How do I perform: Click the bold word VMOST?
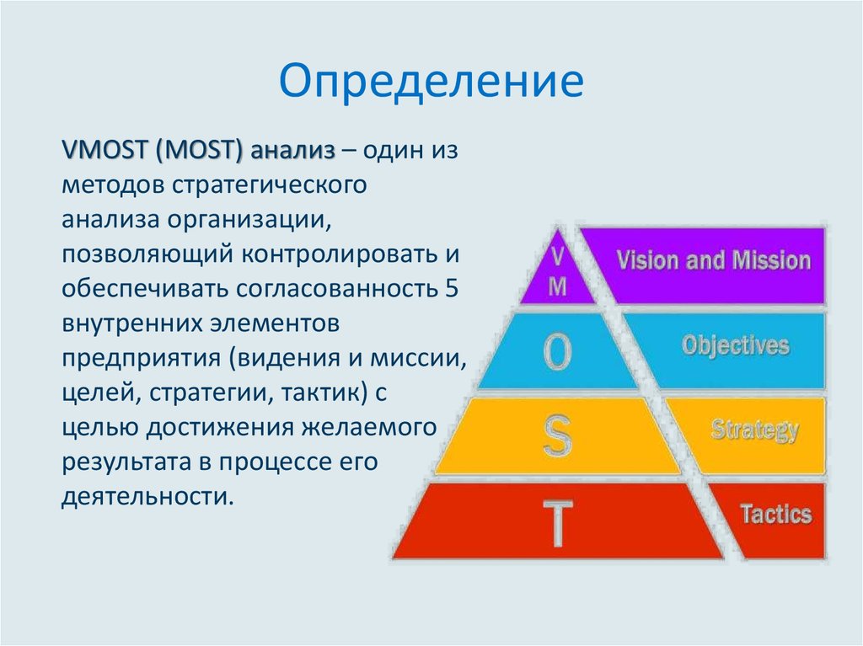coord(103,151)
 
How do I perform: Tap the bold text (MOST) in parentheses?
coord(199,151)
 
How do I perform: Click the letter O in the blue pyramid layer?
coord(557,354)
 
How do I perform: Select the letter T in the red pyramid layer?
coord(557,522)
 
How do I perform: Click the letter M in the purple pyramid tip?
coord(558,286)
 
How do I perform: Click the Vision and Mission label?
coord(713,260)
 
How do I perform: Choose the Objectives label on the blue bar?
coord(736,345)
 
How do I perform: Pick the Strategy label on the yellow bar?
coord(754,430)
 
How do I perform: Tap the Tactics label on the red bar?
coord(775,514)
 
